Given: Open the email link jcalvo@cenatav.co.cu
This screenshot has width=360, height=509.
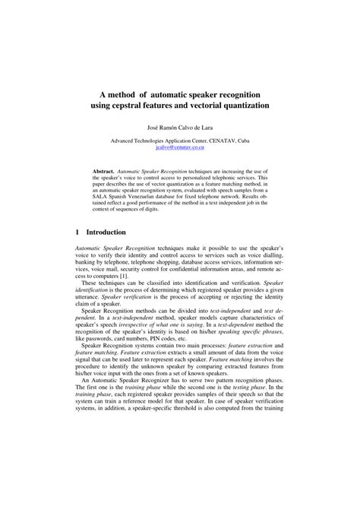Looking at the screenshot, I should point(180,147).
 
